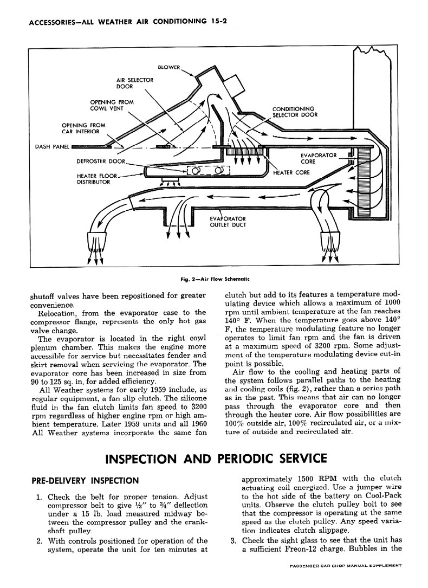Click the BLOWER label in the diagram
tap(168, 67)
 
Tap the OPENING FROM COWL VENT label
tap(112, 105)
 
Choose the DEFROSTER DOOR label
tap(101, 161)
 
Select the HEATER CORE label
tap(291, 173)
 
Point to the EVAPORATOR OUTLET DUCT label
tap(228, 223)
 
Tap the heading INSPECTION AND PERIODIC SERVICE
tap(215, 458)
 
